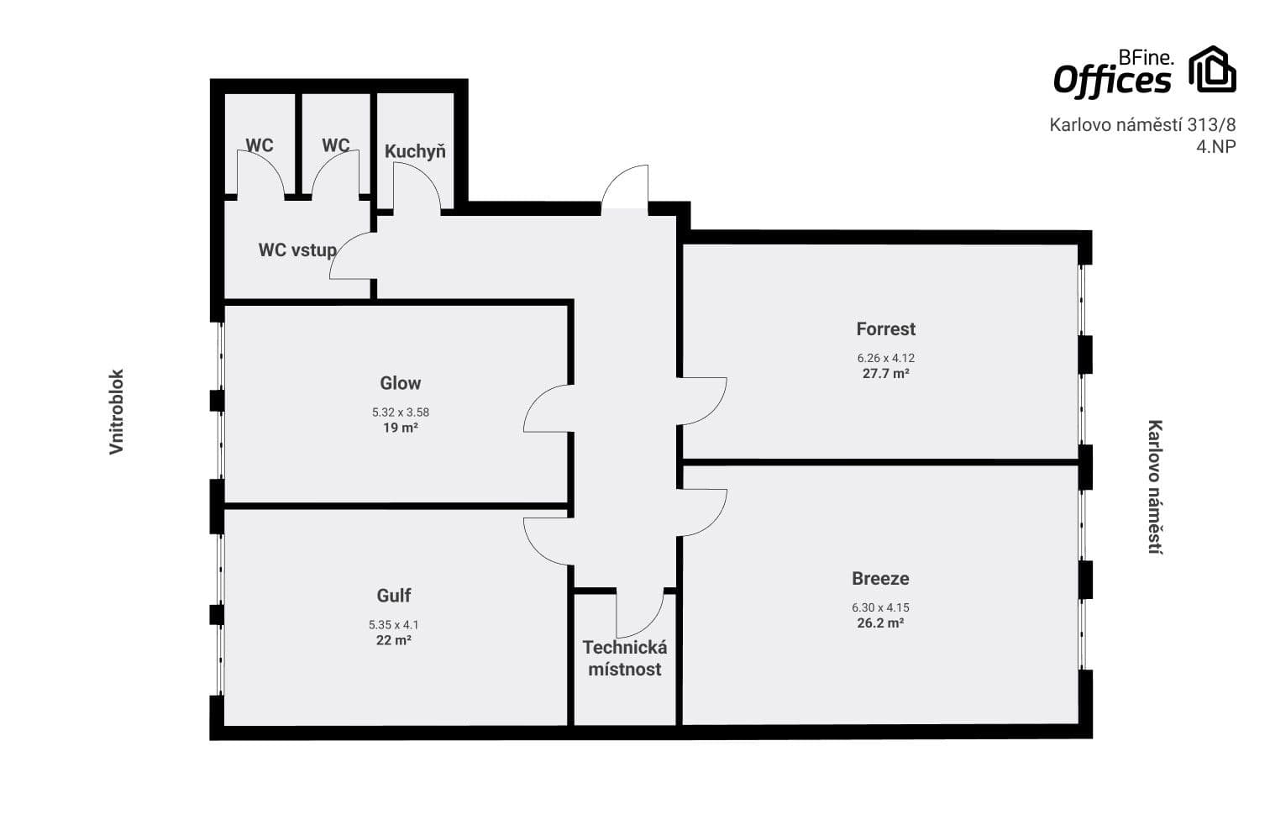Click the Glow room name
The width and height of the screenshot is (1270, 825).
click(x=400, y=383)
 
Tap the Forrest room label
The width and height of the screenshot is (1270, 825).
click(x=885, y=329)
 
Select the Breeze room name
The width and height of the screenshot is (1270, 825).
click(x=880, y=579)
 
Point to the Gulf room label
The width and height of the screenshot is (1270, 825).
click(x=393, y=596)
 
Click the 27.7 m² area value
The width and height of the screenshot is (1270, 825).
click(x=885, y=374)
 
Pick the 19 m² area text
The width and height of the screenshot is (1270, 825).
click(x=400, y=428)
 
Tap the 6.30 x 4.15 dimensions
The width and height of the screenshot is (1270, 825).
click(x=880, y=607)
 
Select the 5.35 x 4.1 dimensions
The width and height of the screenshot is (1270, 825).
click(x=393, y=625)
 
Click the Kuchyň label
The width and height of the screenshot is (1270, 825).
click(x=415, y=152)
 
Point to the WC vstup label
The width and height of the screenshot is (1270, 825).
click(x=297, y=250)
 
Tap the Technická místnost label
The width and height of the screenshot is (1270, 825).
click(x=625, y=659)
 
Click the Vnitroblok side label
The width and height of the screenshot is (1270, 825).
click(x=117, y=412)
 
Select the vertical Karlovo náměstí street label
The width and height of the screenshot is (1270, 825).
click(x=1156, y=487)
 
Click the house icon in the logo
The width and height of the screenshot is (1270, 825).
click(x=1212, y=70)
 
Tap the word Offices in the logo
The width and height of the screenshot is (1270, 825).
click(x=1111, y=81)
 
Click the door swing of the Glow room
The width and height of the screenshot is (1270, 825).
click(x=548, y=409)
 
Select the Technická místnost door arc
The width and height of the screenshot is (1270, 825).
click(x=638, y=615)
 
